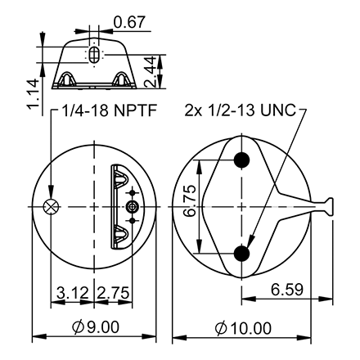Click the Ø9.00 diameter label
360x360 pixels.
[x=96, y=327]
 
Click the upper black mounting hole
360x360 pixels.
[x=241, y=160]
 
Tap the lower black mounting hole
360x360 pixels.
[x=241, y=254]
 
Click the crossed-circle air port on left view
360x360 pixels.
[x=52, y=207]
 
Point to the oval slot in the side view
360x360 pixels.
[x=96, y=54]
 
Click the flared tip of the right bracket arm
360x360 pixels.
[x=329, y=207]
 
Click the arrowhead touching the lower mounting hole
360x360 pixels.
[x=248, y=243]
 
